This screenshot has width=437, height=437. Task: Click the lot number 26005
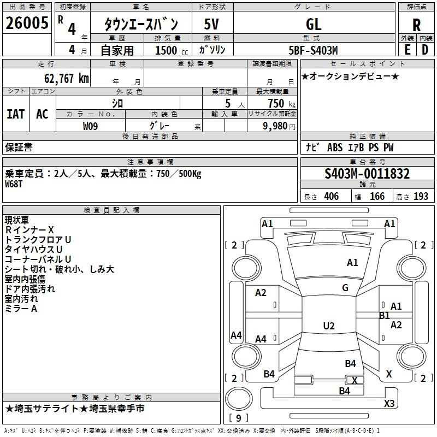(26, 24)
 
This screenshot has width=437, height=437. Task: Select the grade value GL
(314, 24)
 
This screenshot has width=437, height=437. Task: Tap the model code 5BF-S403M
(314, 50)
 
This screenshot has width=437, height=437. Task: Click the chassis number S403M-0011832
(367, 174)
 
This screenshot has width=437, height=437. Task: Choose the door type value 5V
(212, 24)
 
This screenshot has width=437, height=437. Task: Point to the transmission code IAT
(15, 114)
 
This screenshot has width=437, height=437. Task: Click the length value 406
(331, 197)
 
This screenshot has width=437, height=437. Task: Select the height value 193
(421, 197)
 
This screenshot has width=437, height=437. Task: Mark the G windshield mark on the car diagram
(345, 288)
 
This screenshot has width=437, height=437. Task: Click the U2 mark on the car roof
(329, 326)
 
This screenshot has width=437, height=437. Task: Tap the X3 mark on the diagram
(389, 403)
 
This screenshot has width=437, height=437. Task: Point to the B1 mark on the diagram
(385, 316)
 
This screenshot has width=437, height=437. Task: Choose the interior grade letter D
(425, 50)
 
